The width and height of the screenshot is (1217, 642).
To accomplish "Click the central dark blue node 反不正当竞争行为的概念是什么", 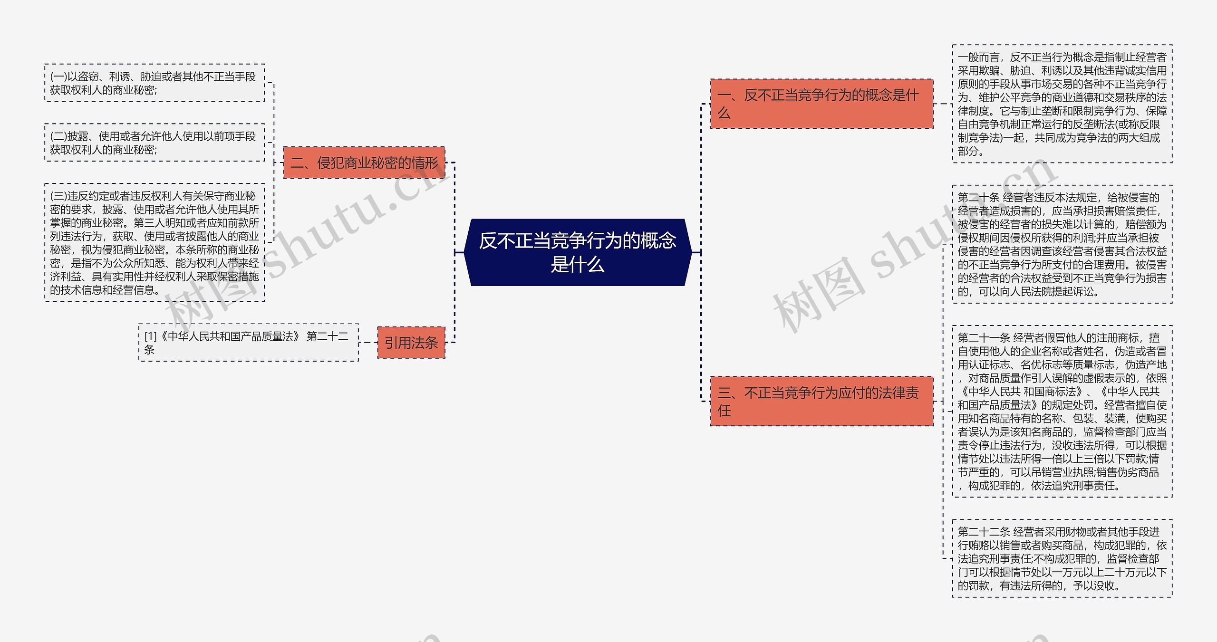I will (577, 252).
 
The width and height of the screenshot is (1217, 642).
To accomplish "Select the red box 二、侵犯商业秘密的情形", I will (364, 163).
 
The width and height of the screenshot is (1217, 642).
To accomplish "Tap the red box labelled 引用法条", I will (411, 343).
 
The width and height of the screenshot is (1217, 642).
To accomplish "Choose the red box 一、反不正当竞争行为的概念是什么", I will (821, 104).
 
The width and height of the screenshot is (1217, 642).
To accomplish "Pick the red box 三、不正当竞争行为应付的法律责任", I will (821, 401).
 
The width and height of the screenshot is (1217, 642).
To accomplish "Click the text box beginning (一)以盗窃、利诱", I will (154, 83).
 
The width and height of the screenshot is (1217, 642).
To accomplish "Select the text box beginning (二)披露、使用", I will (154, 143).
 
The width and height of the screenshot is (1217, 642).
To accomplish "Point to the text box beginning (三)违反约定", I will (154, 242).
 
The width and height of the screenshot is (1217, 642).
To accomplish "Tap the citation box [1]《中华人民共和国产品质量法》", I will (248, 343).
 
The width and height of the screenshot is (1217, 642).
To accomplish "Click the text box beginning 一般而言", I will (1062, 104).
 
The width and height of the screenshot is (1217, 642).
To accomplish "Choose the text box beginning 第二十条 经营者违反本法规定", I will (1062, 244).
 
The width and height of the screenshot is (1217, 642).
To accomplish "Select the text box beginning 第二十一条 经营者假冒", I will (1062, 412).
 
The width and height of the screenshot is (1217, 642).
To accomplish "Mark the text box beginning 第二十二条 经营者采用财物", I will (1062, 558).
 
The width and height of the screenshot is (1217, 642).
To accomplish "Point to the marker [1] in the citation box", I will (150, 336).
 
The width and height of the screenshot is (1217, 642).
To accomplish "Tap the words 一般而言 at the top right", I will (978, 57).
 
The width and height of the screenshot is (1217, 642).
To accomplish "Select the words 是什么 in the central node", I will (577, 265).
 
